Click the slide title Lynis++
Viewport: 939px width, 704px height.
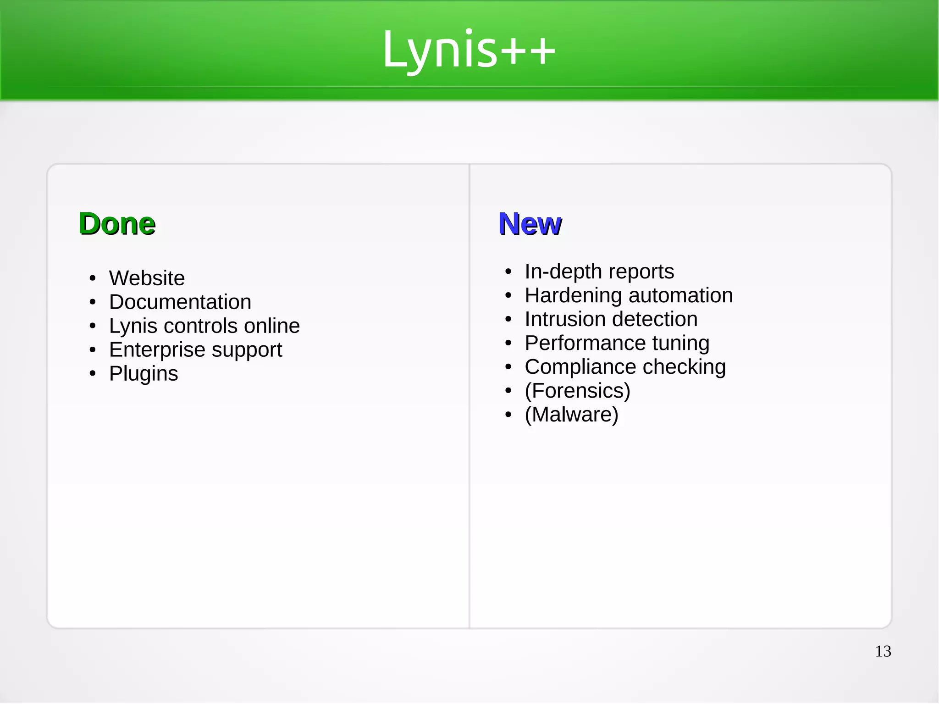point(469,50)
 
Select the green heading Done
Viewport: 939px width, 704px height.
point(117,224)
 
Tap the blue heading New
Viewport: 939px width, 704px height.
point(530,224)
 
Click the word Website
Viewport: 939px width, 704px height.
point(147,278)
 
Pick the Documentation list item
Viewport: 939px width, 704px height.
point(180,302)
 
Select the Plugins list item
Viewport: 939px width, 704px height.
point(144,373)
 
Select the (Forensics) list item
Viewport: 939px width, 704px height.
point(578,390)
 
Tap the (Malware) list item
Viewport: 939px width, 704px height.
point(572,414)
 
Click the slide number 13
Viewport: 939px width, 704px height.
point(883,651)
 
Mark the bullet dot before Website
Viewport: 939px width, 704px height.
point(93,278)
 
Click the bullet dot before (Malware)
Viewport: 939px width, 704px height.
point(508,415)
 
